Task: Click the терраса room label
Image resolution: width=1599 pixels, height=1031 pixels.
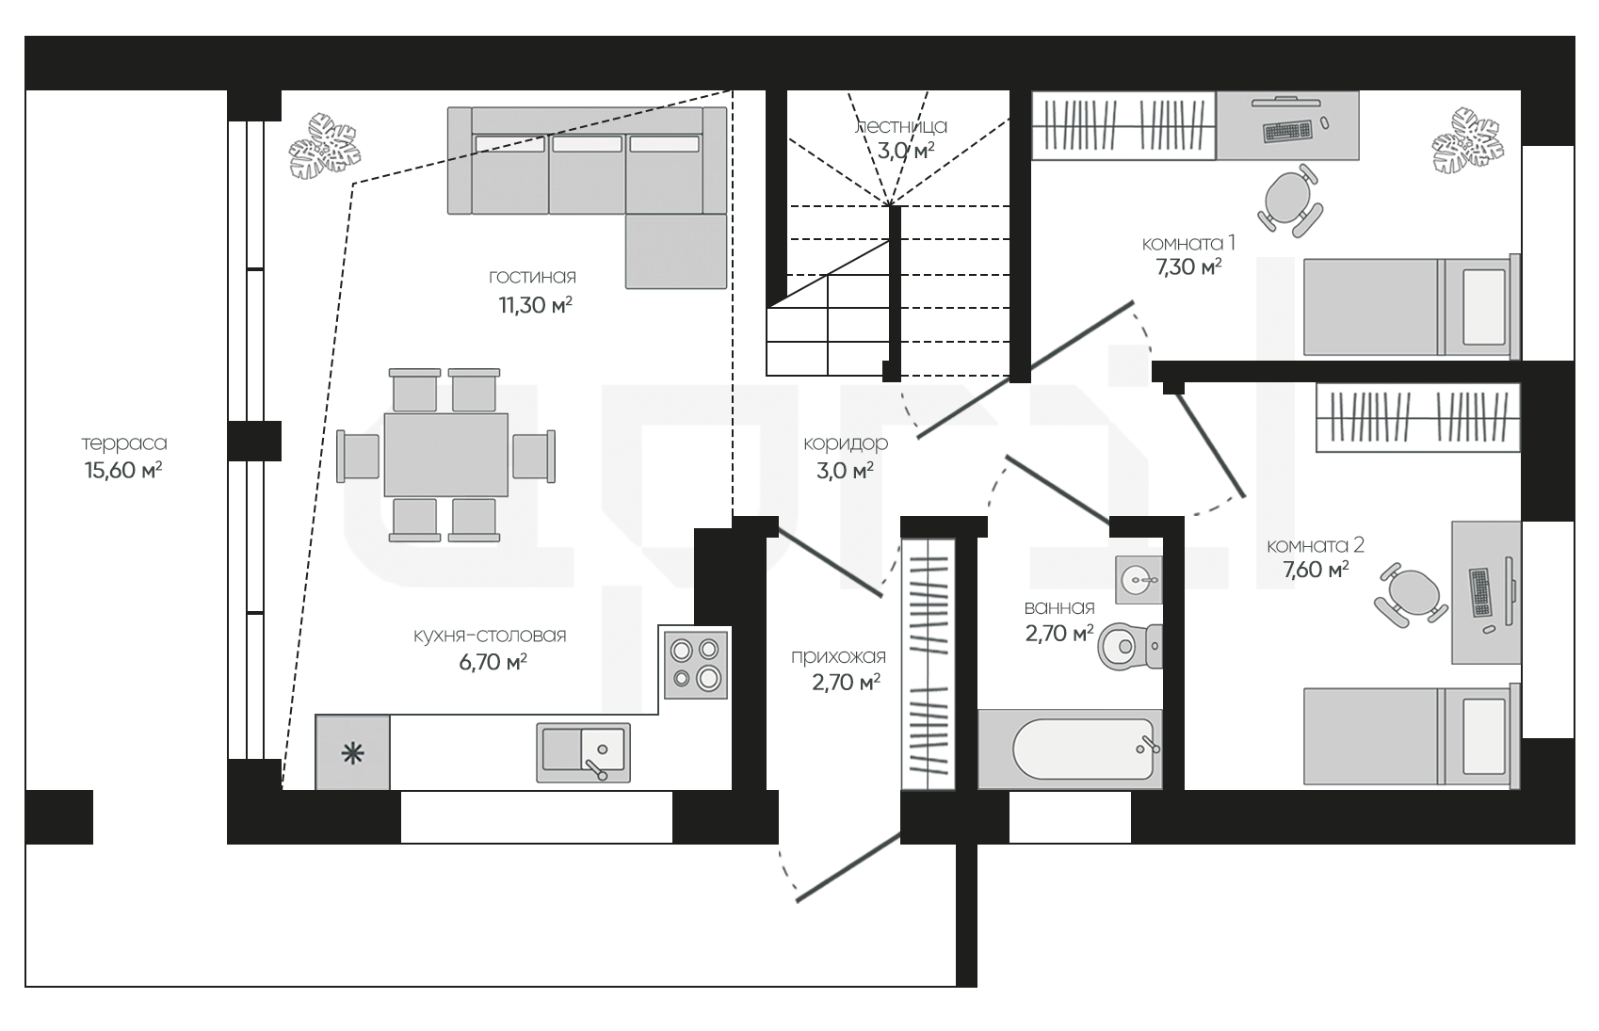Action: point(124,443)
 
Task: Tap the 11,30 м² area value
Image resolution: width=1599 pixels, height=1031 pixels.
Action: point(536,305)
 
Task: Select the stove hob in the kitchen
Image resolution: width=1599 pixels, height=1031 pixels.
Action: point(695,664)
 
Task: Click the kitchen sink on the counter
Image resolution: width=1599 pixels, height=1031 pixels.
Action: point(583,752)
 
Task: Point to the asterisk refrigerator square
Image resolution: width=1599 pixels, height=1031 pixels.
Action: point(352,752)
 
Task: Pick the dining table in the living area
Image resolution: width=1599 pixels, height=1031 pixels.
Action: point(446,455)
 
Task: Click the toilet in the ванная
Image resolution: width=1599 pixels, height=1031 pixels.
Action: point(1130,647)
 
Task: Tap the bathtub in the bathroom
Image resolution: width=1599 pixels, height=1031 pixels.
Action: point(1070,749)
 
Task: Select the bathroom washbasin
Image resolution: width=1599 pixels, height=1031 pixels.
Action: point(1139,579)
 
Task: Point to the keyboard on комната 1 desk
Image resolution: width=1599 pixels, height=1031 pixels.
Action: point(1287,131)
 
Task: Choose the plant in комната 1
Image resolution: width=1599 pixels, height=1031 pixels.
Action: point(1468,140)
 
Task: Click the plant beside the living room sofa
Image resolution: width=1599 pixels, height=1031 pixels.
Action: point(324,146)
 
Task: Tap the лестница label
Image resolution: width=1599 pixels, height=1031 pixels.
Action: point(901,126)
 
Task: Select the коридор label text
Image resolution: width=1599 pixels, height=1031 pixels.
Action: point(846,443)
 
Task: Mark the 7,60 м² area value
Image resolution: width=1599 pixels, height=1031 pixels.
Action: point(1316,570)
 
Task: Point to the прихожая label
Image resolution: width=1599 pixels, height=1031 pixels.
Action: point(838,656)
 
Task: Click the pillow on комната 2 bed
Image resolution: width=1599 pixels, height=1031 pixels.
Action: point(1484,736)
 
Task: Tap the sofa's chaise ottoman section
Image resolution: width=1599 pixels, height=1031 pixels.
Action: point(676,251)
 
